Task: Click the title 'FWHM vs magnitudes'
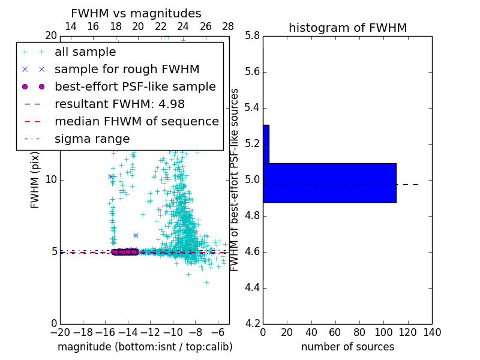point(136,13)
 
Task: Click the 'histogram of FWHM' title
point(347,28)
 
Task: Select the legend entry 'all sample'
point(85,52)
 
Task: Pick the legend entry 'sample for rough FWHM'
point(127,69)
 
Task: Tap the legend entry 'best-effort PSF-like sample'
point(135,86)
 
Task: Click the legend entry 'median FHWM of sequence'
point(136,121)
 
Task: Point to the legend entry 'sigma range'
point(92,139)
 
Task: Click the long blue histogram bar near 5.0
point(329,182)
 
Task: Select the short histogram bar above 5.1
point(266,144)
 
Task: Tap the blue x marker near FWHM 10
point(111,176)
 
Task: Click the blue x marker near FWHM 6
point(136,236)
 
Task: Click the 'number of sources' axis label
point(347,347)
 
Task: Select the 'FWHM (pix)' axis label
point(35,180)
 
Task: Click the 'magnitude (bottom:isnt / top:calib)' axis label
point(145,347)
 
